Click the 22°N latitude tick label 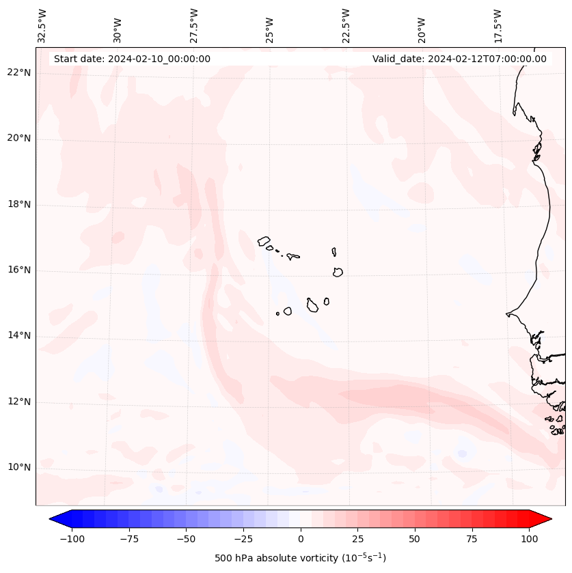(18, 72)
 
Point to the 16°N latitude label (18, 270)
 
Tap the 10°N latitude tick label (18, 467)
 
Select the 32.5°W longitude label (42, 26)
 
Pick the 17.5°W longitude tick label (498, 26)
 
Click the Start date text (132, 59)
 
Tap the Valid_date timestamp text (459, 59)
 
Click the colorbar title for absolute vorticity (300, 558)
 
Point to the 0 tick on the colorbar (300, 539)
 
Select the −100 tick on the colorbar (72, 539)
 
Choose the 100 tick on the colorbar (529, 539)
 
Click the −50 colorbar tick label (186, 539)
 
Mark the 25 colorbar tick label (357, 539)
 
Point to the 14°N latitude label (18, 335)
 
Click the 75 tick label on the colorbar (472, 539)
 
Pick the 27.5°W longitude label (194, 26)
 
